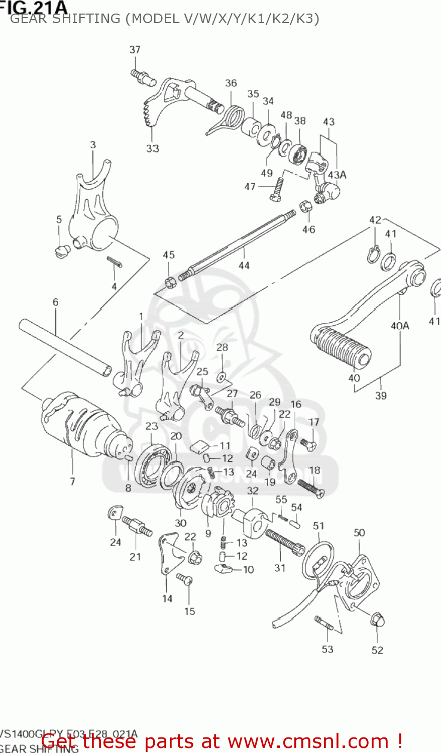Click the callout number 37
(x=135, y=49)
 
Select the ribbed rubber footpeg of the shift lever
(x=342, y=349)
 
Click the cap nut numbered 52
(x=377, y=620)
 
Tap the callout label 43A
(x=337, y=175)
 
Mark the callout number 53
(x=327, y=649)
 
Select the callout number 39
(x=381, y=396)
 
